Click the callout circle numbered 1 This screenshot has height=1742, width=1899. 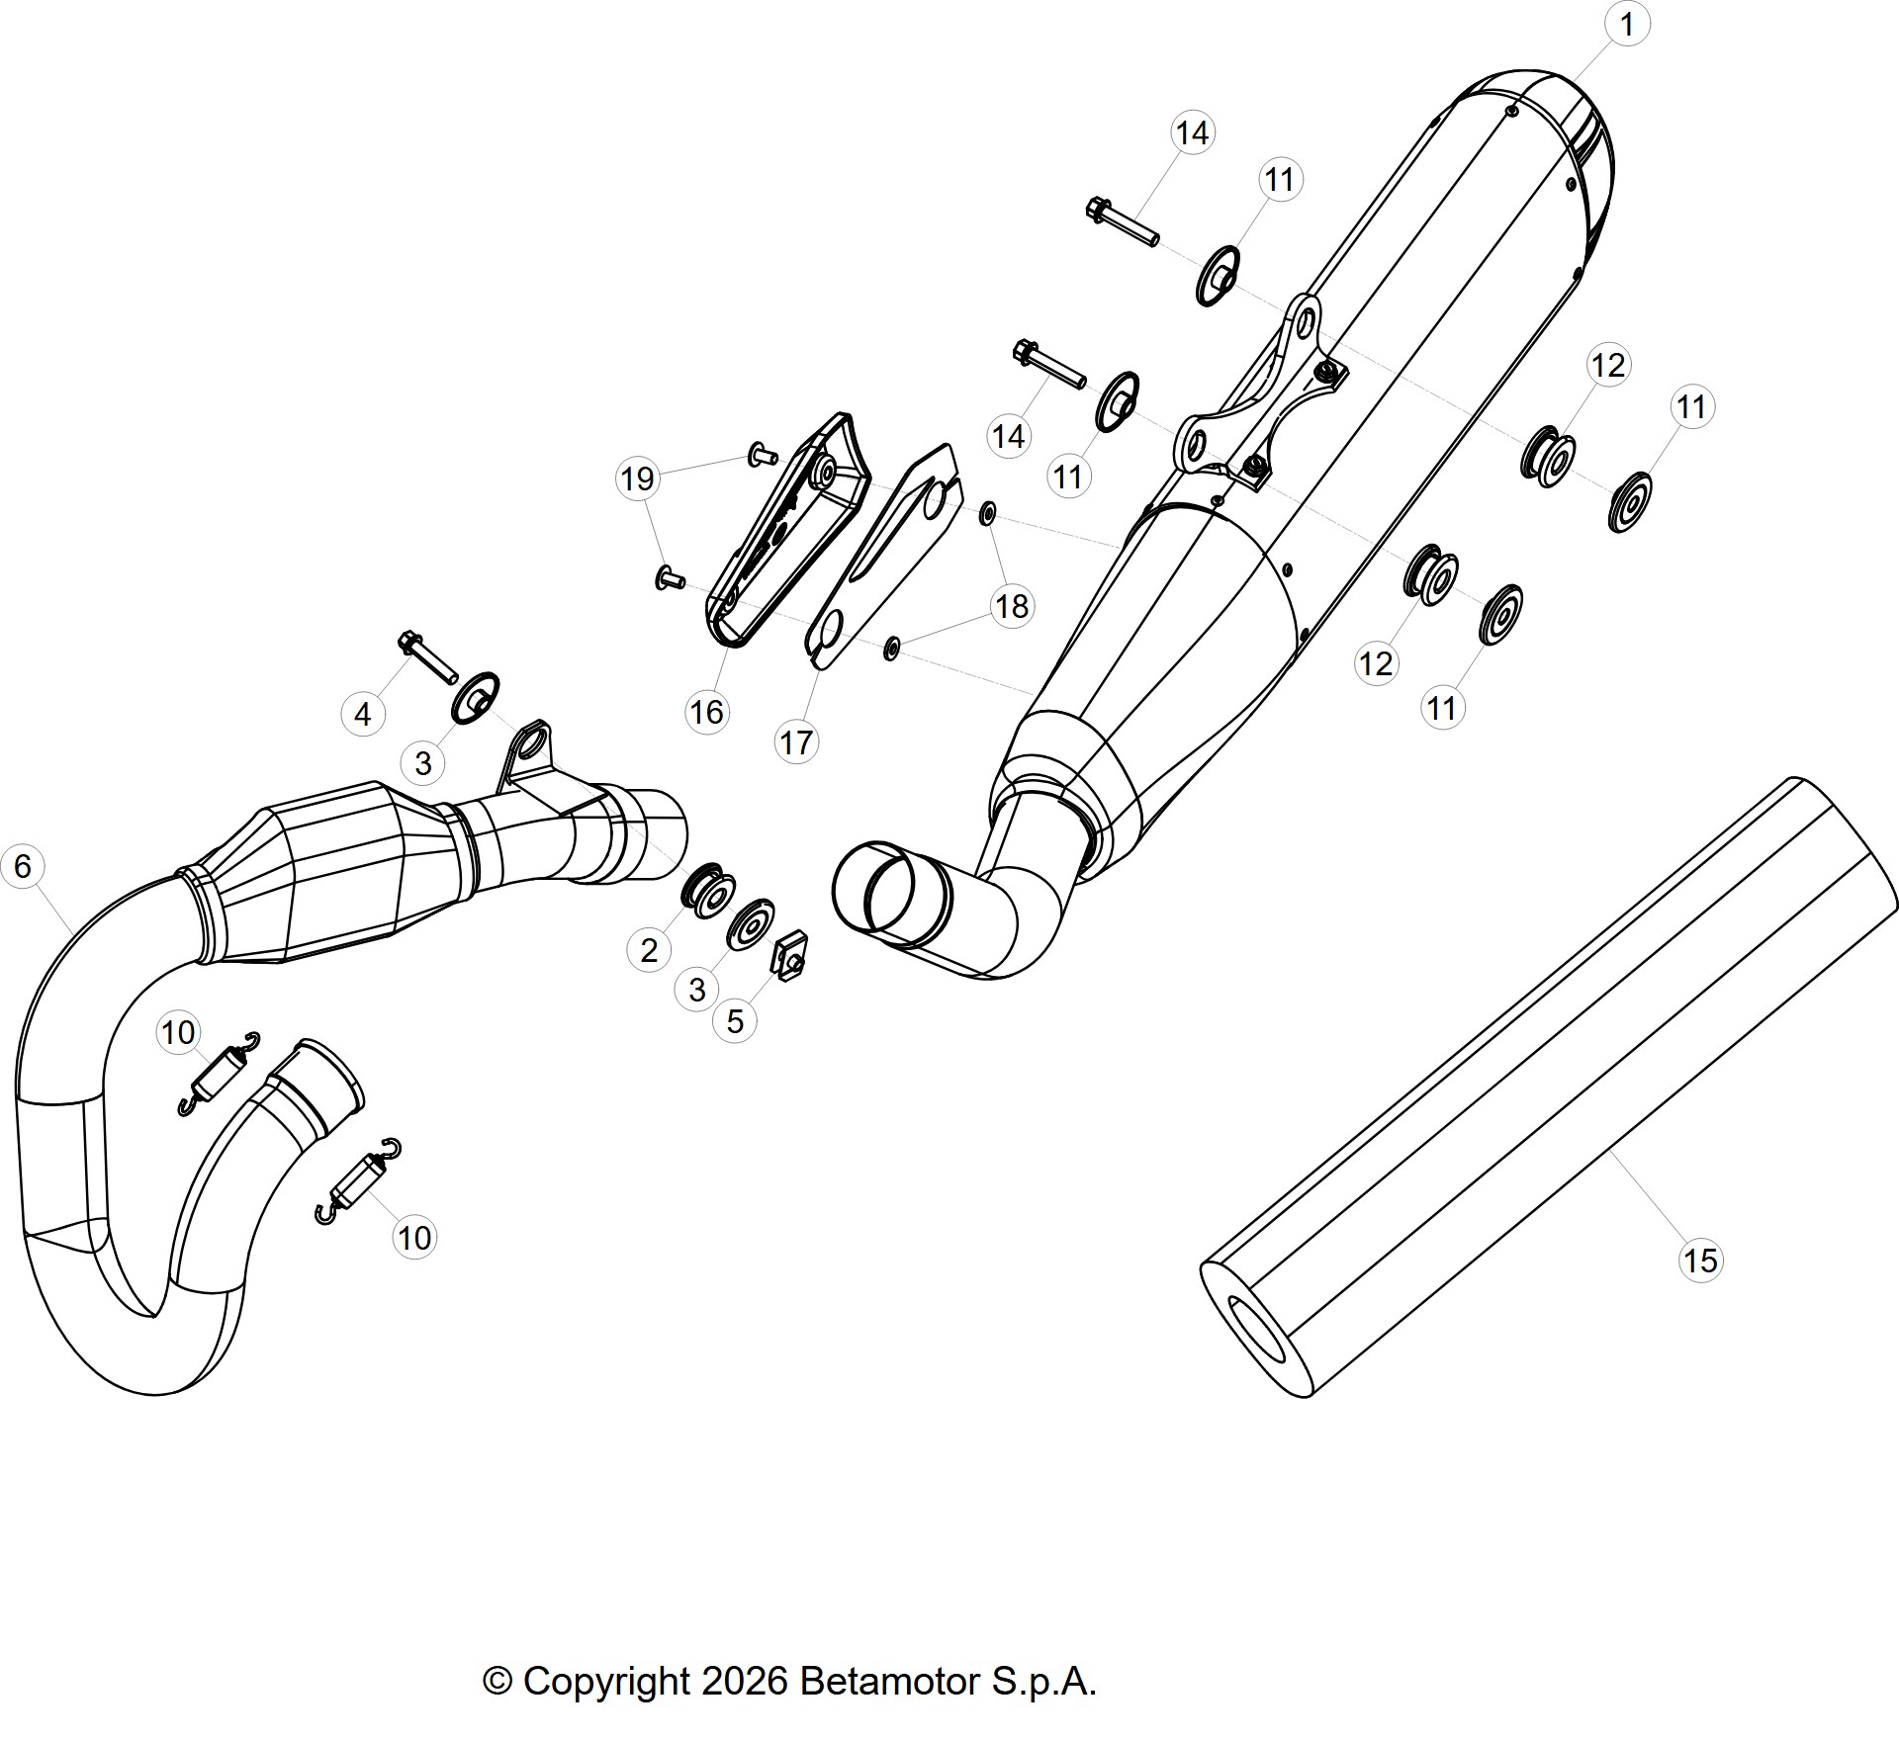(1627, 24)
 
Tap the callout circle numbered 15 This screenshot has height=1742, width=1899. (1700, 1261)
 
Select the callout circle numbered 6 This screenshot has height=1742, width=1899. (23, 866)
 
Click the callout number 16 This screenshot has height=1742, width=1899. (707, 712)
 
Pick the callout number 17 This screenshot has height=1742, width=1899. (796, 742)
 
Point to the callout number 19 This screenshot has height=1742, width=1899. (637, 479)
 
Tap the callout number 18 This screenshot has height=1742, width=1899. (1012, 606)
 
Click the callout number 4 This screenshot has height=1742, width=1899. (363, 714)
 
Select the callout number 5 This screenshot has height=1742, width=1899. (735, 1021)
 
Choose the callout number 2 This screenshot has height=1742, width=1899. (649, 950)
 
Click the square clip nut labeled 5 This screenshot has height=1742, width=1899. (791, 955)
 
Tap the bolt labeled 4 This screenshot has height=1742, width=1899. (427, 656)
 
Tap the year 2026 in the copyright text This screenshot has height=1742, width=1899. (745, 1681)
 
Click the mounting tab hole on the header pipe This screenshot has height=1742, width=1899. (534, 739)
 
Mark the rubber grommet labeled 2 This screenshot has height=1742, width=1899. (707, 891)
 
